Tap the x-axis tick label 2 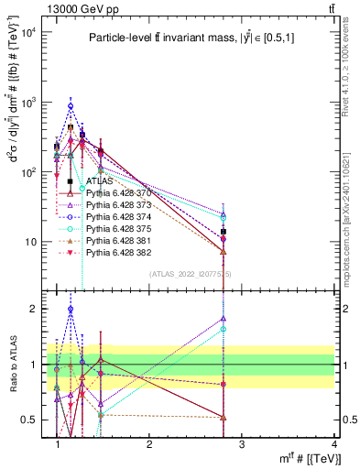coord(149,443)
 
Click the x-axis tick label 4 coord(334,443)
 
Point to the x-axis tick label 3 coord(242,443)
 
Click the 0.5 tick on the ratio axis coord(32,420)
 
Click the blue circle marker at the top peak coord(71,106)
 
